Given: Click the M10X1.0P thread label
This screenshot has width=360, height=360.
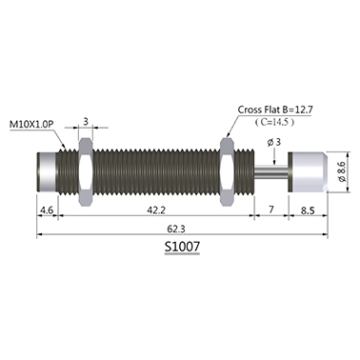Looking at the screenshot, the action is tap(30, 125).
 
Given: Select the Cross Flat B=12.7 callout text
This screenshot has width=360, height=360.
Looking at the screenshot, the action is tap(275, 110).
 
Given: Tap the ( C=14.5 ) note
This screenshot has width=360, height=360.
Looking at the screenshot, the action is tap(273, 122).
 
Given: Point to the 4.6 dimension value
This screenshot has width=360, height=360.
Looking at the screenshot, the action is tap(48, 210).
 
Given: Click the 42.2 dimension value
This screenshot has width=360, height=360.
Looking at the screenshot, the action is tap(155, 210).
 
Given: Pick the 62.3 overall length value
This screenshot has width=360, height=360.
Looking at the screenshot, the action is tap(180, 229).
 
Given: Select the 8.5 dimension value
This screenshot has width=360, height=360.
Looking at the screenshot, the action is tap(307, 210).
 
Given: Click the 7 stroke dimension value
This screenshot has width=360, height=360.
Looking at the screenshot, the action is tap(271, 210).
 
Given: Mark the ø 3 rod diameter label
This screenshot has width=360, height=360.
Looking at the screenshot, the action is tap(274, 142).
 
